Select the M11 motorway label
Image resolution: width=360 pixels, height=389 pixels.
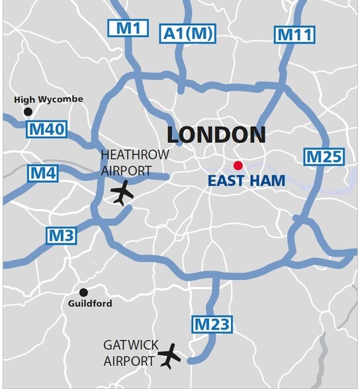[294, 34]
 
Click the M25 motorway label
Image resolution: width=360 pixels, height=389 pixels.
[324, 157]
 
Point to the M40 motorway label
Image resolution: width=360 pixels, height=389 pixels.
[46, 129]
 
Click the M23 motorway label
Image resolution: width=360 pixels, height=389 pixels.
[212, 324]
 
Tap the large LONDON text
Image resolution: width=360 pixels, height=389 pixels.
[216, 135]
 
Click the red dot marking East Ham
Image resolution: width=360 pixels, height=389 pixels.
[238, 165]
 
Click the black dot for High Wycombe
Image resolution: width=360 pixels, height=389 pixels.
[28, 112]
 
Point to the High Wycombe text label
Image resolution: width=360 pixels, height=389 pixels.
[49, 99]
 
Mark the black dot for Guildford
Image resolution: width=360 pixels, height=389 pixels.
[83, 292]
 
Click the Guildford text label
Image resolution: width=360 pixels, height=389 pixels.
[90, 304]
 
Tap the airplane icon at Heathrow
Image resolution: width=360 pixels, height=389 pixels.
[122, 193]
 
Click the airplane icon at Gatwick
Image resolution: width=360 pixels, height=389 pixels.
[169, 356]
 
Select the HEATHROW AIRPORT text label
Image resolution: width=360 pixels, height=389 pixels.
[134, 162]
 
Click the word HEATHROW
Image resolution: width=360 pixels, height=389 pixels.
[134, 155]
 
